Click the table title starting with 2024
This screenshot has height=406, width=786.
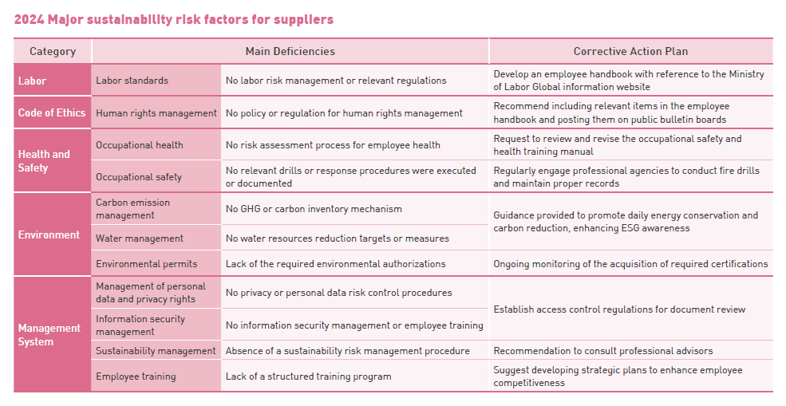point(174,19)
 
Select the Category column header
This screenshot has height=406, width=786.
point(53,51)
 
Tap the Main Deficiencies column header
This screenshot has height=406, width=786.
point(290,51)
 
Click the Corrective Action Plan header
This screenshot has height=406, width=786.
point(630,51)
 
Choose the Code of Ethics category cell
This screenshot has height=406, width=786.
point(52,112)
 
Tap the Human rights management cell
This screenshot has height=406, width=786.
point(156,113)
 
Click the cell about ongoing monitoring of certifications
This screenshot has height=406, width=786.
point(630,264)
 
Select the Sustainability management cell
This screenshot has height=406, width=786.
point(156,351)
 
